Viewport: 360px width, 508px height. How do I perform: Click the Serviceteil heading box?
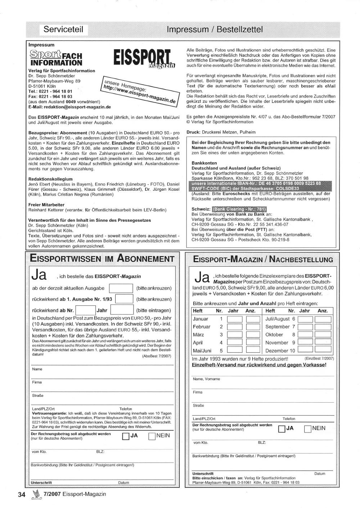click(63, 30)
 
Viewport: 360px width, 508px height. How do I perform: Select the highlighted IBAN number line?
click(256, 183)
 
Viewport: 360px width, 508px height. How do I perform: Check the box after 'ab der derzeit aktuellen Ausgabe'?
click(121, 288)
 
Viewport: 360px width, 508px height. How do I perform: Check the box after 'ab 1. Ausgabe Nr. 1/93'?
click(124, 299)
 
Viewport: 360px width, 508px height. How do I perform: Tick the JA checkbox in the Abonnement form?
click(126, 436)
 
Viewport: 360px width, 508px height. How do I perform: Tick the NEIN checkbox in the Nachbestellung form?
click(308, 428)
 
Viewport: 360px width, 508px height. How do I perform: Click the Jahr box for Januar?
click(235, 319)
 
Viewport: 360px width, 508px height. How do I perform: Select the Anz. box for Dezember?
click(323, 350)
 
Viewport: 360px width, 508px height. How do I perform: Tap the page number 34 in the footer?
click(22, 495)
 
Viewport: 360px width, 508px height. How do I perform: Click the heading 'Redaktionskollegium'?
click(50, 179)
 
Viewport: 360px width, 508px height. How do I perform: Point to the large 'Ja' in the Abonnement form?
click(39, 275)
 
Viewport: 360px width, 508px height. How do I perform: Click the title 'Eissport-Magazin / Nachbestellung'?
click(263, 259)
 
